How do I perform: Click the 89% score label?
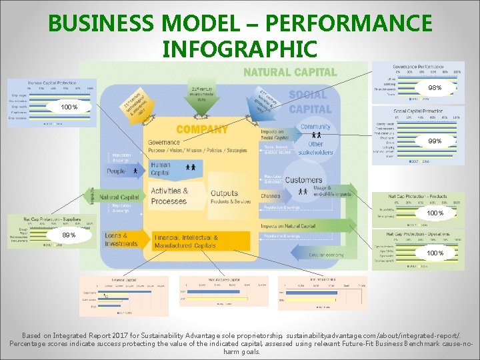(69, 235)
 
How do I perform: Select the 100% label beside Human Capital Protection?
(69, 107)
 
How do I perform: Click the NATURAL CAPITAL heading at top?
(290, 72)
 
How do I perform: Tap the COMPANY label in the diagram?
(202, 129)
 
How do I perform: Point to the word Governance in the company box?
(164, 142)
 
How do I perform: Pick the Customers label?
(304, 180)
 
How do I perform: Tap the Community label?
(315, 127)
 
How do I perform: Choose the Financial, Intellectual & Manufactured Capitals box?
(187, 241)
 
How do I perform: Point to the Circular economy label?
(327, 255)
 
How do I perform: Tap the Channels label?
(270, 196)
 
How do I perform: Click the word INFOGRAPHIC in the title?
(239, 49)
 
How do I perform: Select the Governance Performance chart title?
(418, 67)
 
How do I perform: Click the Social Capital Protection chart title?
(418, 111)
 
